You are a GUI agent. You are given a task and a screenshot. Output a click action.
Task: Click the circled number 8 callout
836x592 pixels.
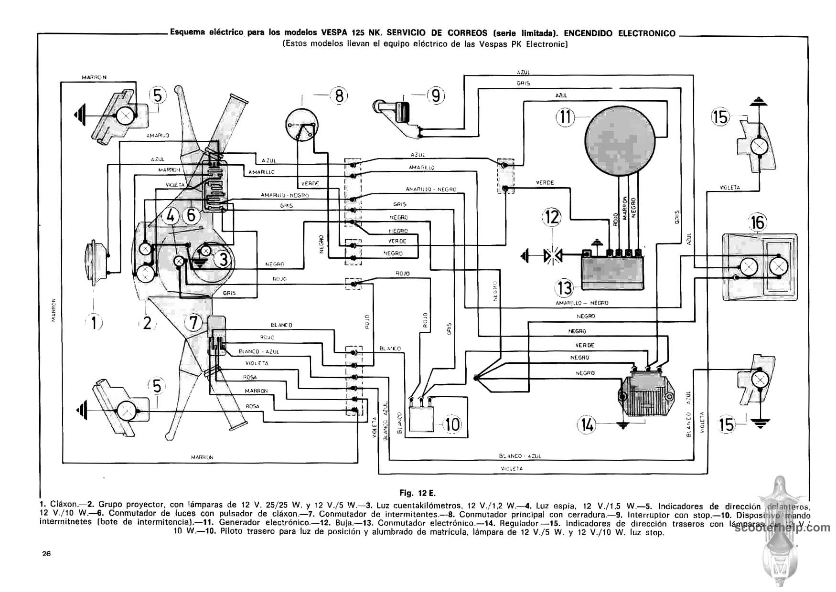[339, 96]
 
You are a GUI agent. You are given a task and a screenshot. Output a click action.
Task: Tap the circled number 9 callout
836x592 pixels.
[435, 96]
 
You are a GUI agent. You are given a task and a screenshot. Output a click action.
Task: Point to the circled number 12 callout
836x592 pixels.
[552, 217]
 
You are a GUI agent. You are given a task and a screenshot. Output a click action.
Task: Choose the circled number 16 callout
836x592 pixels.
[758, 222]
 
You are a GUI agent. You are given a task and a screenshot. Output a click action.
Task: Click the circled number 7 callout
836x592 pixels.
[194, 323]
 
